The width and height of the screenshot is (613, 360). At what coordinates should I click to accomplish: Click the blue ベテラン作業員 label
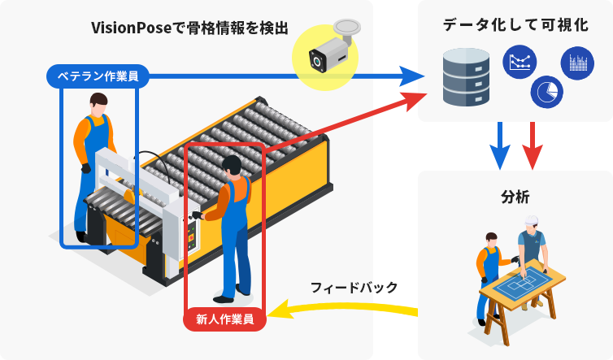(x=98, y=76)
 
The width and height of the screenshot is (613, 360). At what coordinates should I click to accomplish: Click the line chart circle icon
(x=521, y=63)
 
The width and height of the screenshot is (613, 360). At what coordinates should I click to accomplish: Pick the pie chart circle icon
(x=546, y=92)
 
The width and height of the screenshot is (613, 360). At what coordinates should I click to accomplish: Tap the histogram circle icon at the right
(x=577, y=63)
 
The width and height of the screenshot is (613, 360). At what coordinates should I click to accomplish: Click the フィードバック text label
(x=354, y=287)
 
